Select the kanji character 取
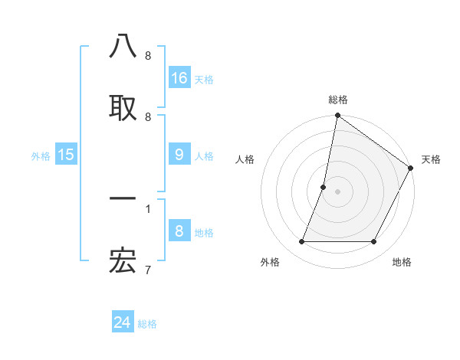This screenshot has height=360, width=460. [123, 108]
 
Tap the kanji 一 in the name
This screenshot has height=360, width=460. [123, 199]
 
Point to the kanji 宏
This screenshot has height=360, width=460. [123, 262]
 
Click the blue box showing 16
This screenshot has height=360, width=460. [179, 77]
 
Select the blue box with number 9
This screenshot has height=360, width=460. [179, 154]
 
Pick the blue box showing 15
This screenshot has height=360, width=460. [66, 154]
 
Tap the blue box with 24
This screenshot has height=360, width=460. [123, 322]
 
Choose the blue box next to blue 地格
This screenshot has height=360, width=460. [179, 231]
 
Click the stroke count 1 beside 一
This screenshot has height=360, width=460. [148, 208]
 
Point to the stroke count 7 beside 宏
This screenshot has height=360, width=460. [148, 270]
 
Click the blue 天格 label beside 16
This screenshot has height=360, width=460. [204, 79]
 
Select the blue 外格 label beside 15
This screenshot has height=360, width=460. [41, 155]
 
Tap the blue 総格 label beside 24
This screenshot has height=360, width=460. [147, 324]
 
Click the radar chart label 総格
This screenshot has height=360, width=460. [337, 100]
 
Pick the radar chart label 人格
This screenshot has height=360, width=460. [245, 159]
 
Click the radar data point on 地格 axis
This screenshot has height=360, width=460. [374, 242]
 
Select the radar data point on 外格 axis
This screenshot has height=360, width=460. [301, 242]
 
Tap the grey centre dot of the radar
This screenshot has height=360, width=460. [337, 191]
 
